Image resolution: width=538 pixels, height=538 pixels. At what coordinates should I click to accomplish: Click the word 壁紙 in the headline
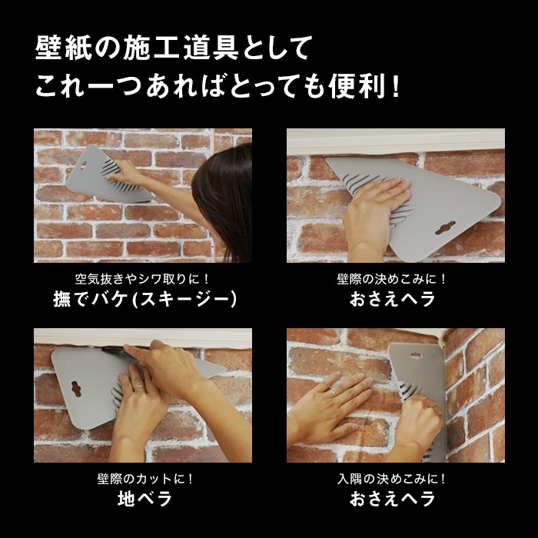pos(64,48)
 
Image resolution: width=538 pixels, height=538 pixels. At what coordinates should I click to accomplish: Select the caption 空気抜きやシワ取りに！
pos(142,279)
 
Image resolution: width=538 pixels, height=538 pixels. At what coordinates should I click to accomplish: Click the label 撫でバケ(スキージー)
pos(144,299)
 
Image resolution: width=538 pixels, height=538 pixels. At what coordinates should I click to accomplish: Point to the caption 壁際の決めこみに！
pos(391,279)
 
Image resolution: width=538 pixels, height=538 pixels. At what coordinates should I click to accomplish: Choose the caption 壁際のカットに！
pos(145,479)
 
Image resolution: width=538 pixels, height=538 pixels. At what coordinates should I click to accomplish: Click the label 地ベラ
pos(144,499)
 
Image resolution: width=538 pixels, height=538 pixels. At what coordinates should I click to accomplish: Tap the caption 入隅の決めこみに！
pos(391,479)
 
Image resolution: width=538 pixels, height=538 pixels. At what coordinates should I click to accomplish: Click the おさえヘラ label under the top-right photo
pos(393,299)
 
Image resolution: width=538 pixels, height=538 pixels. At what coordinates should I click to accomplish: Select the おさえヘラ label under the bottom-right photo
pos(393,499)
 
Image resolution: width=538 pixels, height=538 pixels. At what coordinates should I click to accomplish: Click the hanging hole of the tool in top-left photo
pos(83,167)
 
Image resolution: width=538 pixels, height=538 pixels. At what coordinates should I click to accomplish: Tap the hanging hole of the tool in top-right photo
pos(445,227)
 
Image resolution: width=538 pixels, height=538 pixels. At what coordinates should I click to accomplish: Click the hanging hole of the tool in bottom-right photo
pos(416,356)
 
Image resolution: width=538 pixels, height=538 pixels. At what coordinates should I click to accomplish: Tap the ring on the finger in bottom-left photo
pos(138,386)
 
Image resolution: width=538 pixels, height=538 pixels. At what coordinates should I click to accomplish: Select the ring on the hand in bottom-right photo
pos(334,392)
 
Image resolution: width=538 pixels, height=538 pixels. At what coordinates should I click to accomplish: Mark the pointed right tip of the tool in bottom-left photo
pos(226,370)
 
